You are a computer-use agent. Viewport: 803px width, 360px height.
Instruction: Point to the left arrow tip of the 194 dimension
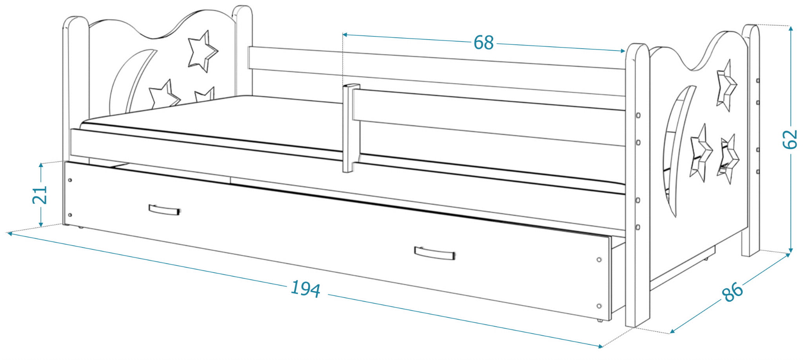pyautogui.click(x=7, y=233)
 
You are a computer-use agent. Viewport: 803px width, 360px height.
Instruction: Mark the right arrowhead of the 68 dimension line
pyautogui.click(x=625, y=51)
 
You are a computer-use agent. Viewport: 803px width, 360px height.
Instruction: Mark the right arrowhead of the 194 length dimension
pyautogui.click(x=603, y=346)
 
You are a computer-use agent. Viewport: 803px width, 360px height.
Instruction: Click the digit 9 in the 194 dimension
pyautogui.click(x=305, y=289)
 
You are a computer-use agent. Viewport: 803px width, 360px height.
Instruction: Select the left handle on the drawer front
pyautogui.click(x=164, y=209)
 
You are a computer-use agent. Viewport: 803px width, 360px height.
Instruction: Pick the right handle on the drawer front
pyautogui.click(x=435, y=253)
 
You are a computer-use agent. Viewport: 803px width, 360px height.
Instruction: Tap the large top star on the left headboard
pyautogui.click(x=203, y=51)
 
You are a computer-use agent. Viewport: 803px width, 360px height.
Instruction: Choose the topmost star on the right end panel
pyautogui.click(x=726, y=86)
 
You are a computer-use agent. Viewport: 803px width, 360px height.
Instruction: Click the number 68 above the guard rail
pyautogui.click(x=483, y=42)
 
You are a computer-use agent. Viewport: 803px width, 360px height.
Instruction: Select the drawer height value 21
pyautogui.click(x=40, y=195)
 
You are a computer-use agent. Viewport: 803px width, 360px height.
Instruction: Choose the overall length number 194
pyautogui.click(x=305, y=289)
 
